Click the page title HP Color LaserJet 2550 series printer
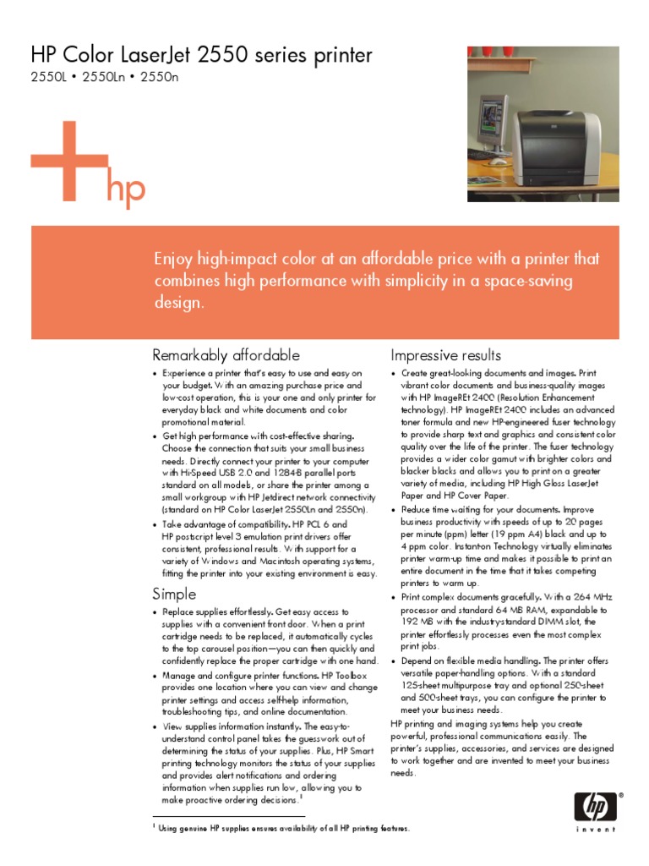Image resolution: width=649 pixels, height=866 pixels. (x=201, y=57)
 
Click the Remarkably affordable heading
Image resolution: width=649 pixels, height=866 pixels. (x=225, y=354)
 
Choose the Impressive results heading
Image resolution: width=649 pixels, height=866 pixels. (x=446, y=354)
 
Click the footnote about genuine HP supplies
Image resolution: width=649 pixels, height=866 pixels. (x=284, y=828)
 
